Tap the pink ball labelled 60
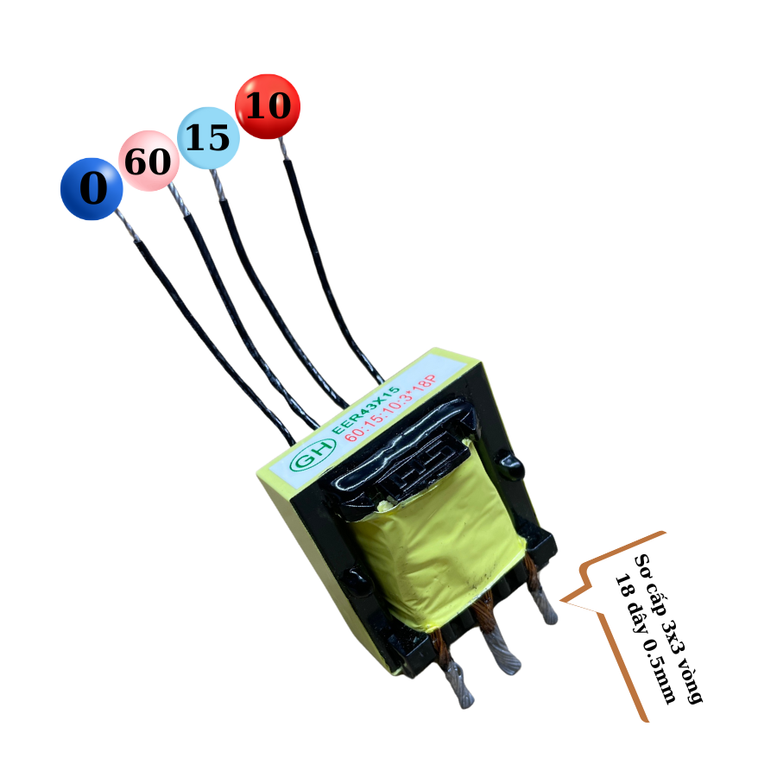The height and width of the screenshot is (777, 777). coord(148,161)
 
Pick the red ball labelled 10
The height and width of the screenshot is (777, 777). coord(268,105)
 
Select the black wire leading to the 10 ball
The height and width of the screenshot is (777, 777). coord(332,276)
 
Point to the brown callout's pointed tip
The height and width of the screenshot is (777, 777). coord(563,599)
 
